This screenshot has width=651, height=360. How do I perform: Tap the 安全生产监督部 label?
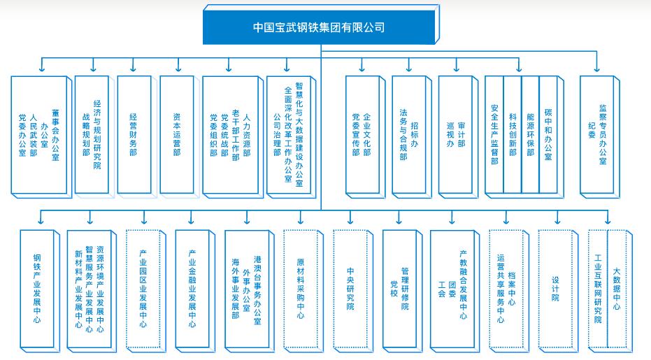(x=494, y=133)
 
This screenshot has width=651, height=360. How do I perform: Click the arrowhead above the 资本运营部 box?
(x=176, y=69)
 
